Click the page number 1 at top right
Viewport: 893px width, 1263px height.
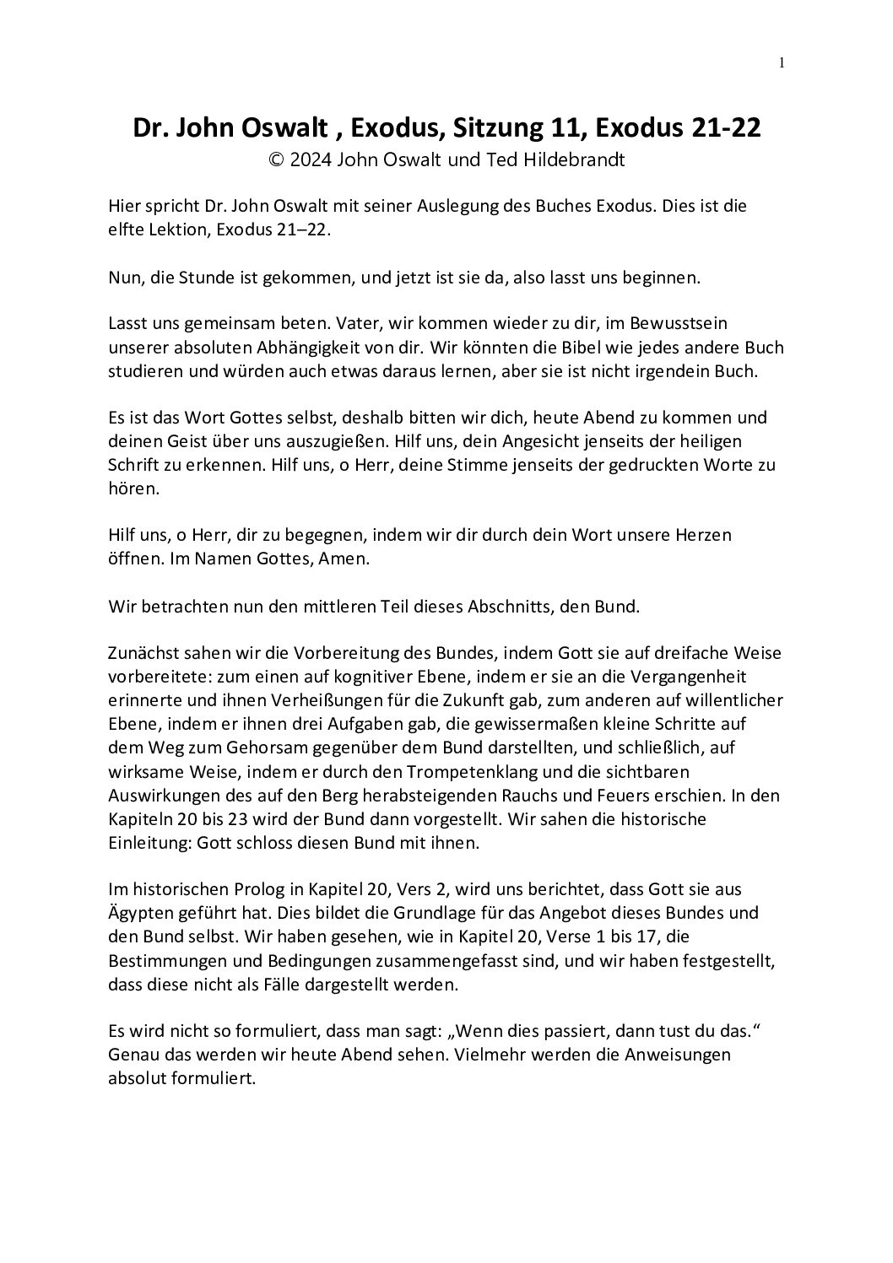pyautogui.click(x=782, y=62)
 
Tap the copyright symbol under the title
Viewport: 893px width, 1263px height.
pyautogui.click(x=274, y=160)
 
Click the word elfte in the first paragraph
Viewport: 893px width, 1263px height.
pyautogui.click(x=127, y=229)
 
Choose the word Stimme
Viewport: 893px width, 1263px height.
pyautogui.click(x=463, y=464)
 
